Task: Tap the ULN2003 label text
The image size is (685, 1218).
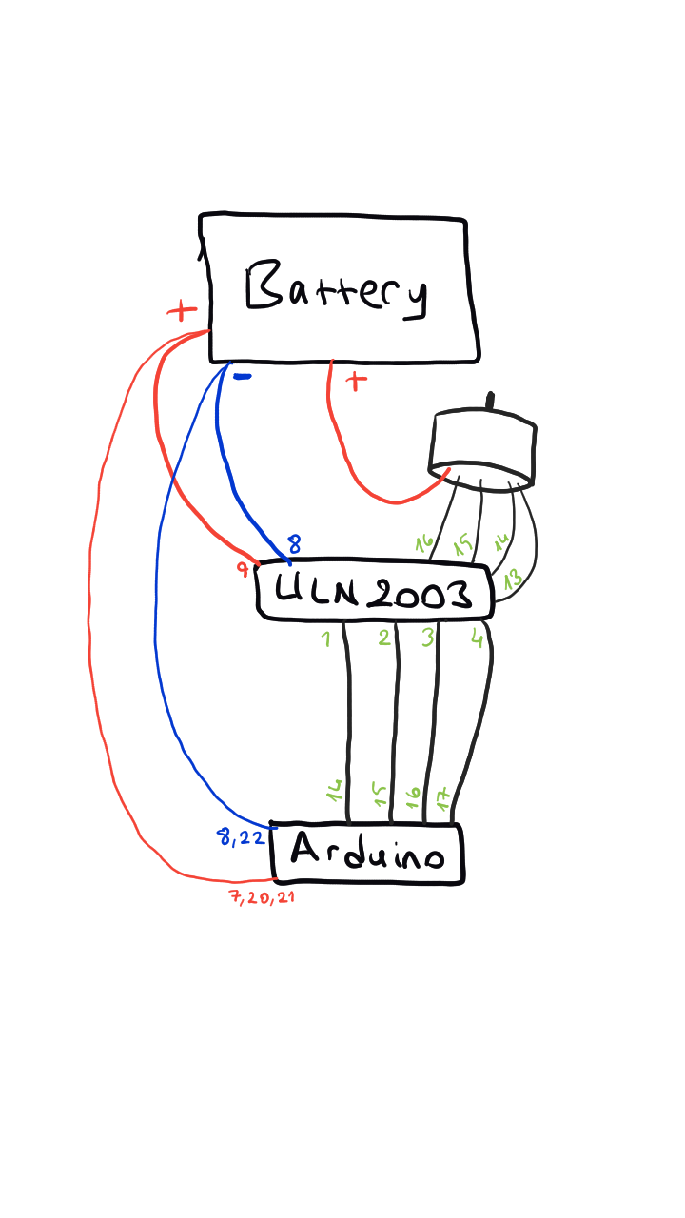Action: coord(374,592)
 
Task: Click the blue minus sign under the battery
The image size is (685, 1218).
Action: coord(242,376)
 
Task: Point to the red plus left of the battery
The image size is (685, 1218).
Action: coord(182,310)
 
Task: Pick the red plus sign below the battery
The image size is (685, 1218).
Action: coord(356,382)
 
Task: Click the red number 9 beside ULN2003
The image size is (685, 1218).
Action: coord(243,569)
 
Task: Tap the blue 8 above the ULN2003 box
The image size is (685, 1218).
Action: coord(294,543)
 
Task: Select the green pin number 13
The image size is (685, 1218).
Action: coord(513,580)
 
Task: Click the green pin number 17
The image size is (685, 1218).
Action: coord(442,798)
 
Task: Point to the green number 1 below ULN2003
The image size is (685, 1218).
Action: coord(326,638)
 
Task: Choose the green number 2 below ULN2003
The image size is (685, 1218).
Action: coord(384,638)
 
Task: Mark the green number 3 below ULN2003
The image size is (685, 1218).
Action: coord(428,638)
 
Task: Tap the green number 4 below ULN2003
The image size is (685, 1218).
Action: coord(478,638)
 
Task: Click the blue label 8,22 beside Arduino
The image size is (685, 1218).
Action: coord(241,836)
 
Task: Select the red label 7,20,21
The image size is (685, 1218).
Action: coord(263,897)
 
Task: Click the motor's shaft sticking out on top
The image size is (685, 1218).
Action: coord(490,401)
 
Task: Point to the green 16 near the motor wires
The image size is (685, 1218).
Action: coord(424,542)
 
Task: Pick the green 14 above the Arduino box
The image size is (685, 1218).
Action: coord(335,791)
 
